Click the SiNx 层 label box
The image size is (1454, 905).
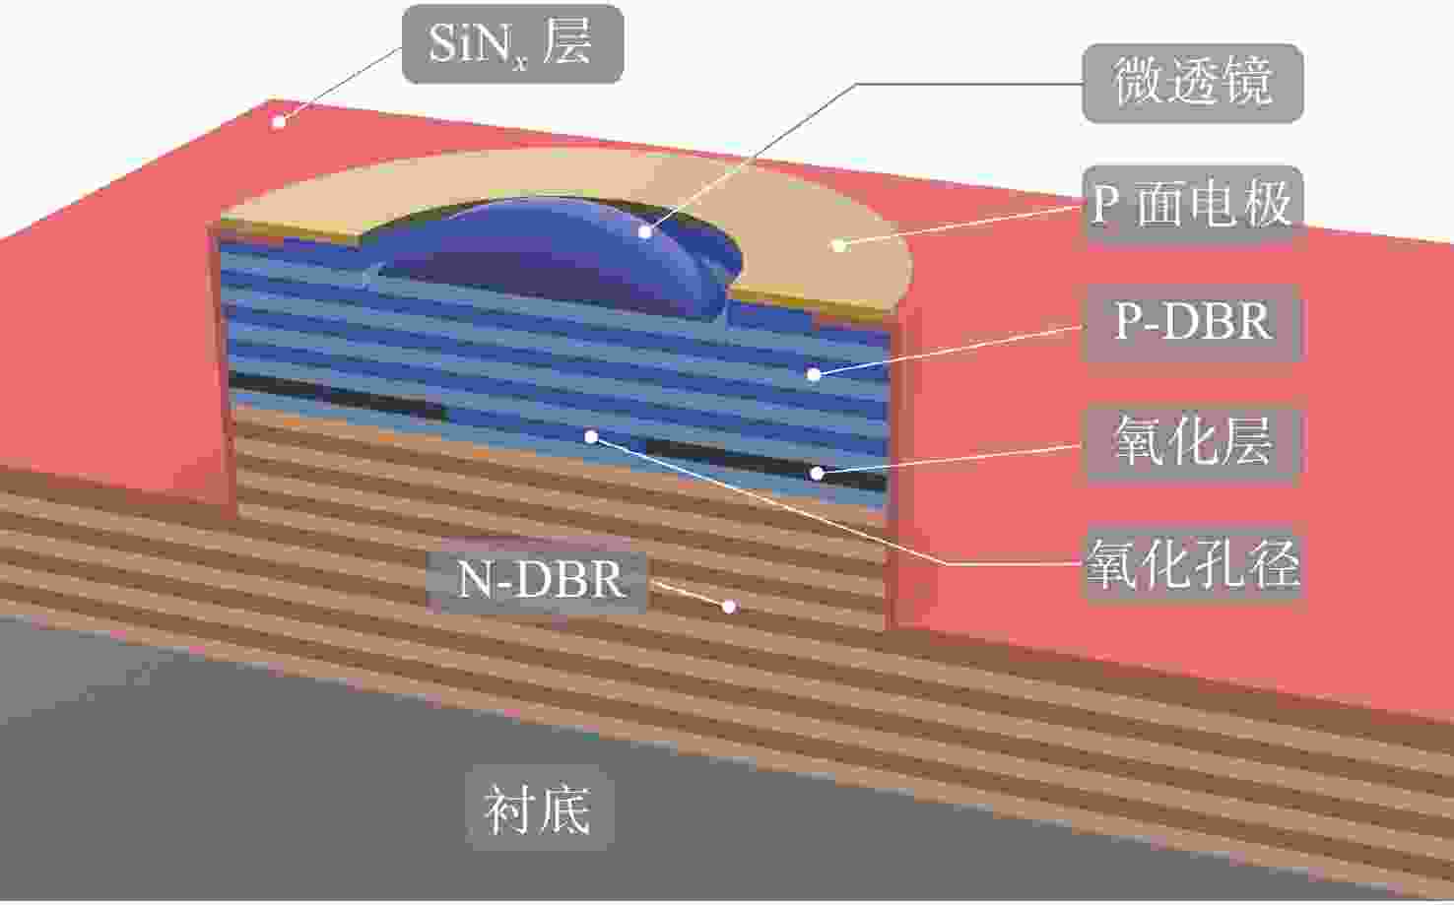pyautogui.click(x=513, y=44)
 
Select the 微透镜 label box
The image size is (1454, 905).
pyautogui.click(x=1193, y=83)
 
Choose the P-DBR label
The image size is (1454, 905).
pyautogui.click(x=1193, y=322)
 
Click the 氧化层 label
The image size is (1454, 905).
pyautogui.click(x=1193, y=442)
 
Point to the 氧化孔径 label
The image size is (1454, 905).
pyautogui.click(x=1193, y=564)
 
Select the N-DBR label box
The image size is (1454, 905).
pyautogui.click(x=539, y=579)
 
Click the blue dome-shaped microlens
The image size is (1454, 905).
pyautogui.click(x=552, y=256)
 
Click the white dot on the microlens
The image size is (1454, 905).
pyautogui.click(x=644, y=231)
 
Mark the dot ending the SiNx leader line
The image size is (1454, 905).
pyautogui.click(x=279, y=121)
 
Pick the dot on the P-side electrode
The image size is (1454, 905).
pyautogui.click(x=839, y=245)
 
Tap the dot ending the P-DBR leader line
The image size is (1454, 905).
pyautogui.click(x=814, y=374)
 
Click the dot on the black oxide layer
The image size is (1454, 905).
pyautogui.click(x=818, y=474)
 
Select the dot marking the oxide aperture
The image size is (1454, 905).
pyautogui.click(x=591, y=436)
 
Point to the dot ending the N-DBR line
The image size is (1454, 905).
pyautogui.click(x=730, y=607)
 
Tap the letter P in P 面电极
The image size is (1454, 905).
pyautogui.click(x=1106, y=204)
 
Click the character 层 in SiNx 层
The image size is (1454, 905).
pyautogui.click(x=567, y=41)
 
